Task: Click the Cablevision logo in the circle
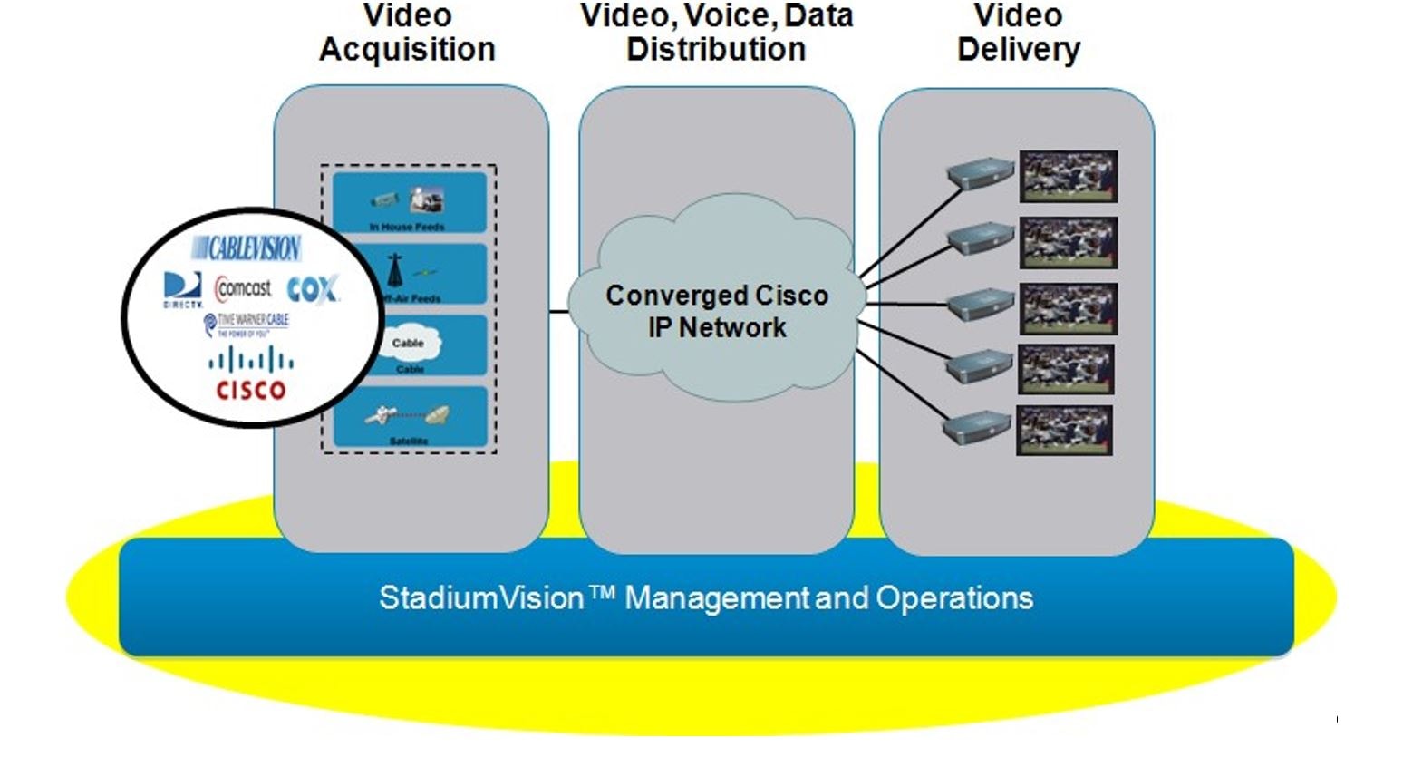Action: pos(246,247)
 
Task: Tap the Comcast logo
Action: pos(243,289)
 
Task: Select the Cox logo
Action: pos(312,290)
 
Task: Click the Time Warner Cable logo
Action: pos(247,324)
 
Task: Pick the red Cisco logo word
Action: pos(250,391)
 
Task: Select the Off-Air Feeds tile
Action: pos(409,275)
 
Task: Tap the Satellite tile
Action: pos(409,418)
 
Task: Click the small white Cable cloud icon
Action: pos(408,344)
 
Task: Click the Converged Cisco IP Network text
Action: pos(716,311)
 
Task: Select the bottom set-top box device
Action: pos(977,427)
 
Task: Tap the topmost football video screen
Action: pos(1068,177)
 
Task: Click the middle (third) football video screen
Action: pos(1068,308)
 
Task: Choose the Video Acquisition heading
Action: pos(407,33)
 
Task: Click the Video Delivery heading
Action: pos(1018,33)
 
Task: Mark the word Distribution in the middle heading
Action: pos(716,49)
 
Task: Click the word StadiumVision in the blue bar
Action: pos(481,598)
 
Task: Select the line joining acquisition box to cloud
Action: pos(559,312)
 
